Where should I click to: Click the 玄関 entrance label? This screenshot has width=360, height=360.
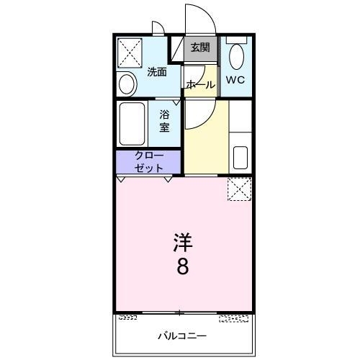pos(200,48)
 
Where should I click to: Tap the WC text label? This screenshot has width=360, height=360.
pos(235,80)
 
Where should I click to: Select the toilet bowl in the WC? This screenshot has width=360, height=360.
pos(237,57)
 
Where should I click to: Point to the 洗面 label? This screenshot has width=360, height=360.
pos(157,72)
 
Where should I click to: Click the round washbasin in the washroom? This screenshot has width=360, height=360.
pos(127,84)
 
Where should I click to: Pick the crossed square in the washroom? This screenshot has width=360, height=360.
pos(130,53)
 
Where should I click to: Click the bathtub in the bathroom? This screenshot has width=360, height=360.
pos(132,124)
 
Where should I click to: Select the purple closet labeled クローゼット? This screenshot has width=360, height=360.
pos(148,162)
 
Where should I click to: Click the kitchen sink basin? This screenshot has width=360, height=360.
pos(240,158)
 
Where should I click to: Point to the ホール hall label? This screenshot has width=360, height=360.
pos(199,84)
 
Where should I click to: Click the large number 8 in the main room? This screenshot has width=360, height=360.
pos(183,266)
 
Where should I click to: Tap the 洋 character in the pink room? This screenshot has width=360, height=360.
pos(183,242)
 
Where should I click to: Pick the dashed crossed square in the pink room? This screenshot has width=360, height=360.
pos(240,189)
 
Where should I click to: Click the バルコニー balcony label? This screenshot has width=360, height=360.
pos(182,336)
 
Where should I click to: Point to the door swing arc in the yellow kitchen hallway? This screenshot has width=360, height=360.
pos(208,120)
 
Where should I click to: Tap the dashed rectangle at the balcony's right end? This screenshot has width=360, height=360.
pos(233,319)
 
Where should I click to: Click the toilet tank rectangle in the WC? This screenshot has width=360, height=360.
pos(237,40)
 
